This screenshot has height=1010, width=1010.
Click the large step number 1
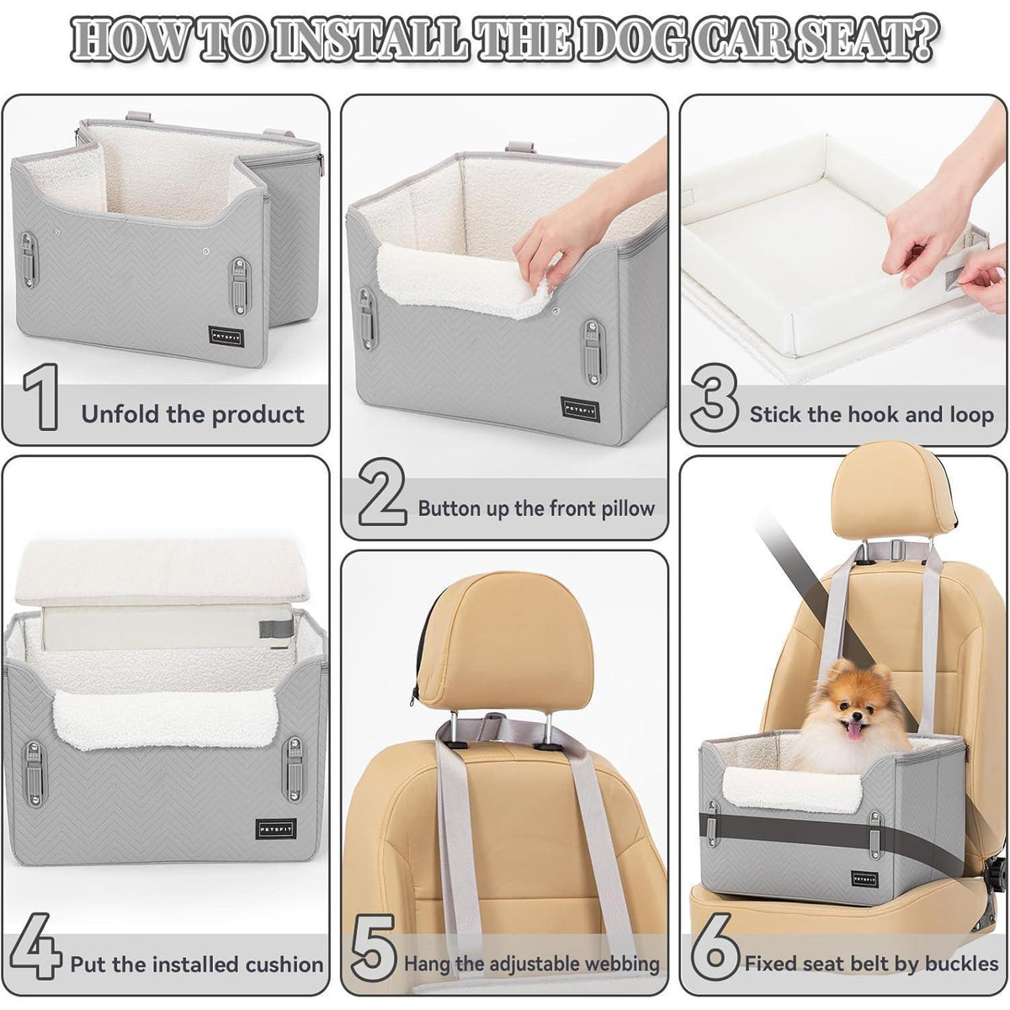coord(41,396)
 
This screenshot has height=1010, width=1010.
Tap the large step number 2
coord(383,491)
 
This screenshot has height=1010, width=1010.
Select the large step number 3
coord(715,396)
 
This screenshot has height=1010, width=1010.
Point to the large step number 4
coord(35,947)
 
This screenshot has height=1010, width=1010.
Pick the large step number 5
coord(374,947)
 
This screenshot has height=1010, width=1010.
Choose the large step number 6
coord(715,947)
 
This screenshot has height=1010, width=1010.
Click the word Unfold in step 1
coord(120,414)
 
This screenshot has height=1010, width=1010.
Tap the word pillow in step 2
coord(627,509)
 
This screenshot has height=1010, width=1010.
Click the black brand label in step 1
coord(226,336)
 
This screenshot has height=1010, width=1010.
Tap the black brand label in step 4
coord(277,829)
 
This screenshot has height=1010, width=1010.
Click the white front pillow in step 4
coord(165,718)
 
